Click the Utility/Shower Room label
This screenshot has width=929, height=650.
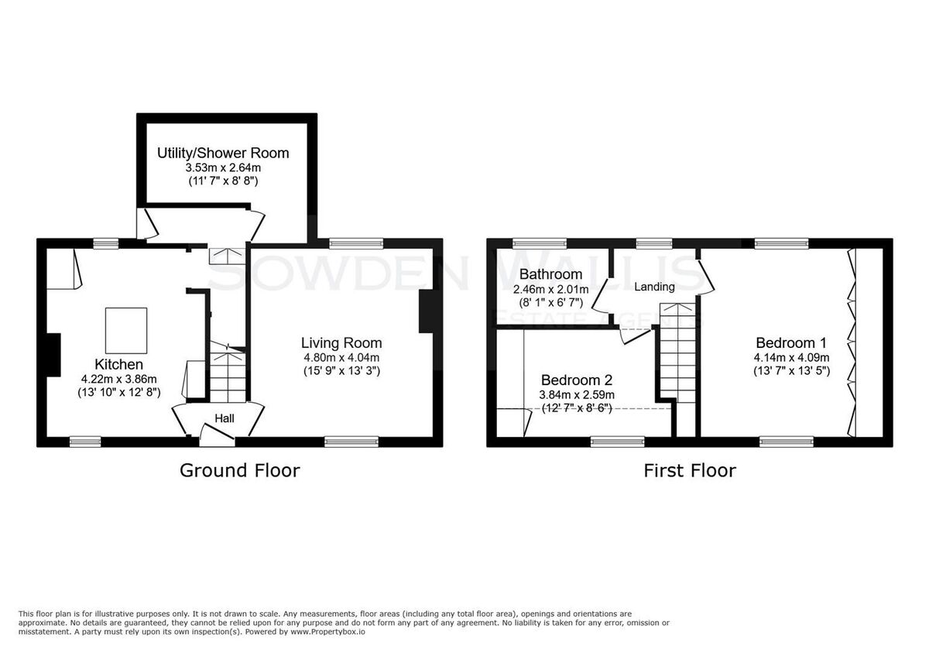coord(223,153)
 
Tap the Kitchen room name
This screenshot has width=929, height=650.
coord(119,364)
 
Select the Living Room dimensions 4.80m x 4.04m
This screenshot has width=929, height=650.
coord(341,357)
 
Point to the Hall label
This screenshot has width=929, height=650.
coord(225,418)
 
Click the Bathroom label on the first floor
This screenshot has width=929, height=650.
coord(550,274)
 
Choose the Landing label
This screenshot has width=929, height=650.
coord(654,287)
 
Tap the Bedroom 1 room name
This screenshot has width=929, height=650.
coord(791,343)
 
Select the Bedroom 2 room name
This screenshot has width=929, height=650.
coord(577,380)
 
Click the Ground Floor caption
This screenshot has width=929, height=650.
coord(240,471)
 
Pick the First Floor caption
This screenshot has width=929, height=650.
coord(690,471)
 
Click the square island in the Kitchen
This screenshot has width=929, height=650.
coord(126,330)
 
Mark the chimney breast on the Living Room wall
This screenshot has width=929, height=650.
coord(426,311)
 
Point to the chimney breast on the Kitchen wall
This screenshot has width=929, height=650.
coord(54,356)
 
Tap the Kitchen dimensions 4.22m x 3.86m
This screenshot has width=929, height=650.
coord(119,379)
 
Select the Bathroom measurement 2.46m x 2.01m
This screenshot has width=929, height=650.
coord(550,289)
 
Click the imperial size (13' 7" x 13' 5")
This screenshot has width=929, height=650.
coord(792,370)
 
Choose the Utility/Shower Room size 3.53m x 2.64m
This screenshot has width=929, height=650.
coord(223,168)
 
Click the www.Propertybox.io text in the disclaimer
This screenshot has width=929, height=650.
coord(327,631)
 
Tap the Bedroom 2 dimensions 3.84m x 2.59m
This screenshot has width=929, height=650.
coord(577,395)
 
